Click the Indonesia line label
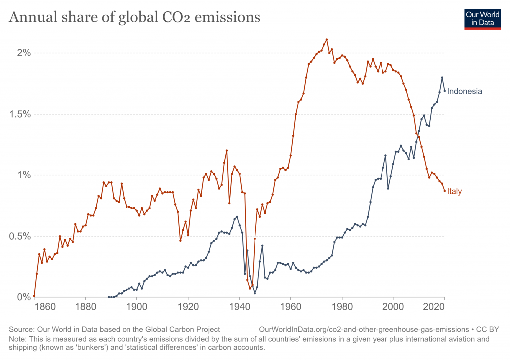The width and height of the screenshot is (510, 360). coord(464,91)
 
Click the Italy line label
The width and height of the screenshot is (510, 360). coord(454,191)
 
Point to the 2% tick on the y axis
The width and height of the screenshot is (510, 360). coord(21,53)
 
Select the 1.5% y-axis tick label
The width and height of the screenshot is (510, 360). coord(17,114)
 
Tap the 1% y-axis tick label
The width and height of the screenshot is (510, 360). coord(21,175)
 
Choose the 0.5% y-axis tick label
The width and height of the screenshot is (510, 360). coord(17,236)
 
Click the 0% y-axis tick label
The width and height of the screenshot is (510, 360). coord(21,297)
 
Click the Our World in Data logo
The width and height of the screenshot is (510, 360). coord(482,19)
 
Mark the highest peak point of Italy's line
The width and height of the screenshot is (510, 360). coord(326,39)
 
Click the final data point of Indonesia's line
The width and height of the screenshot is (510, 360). coord(444,91)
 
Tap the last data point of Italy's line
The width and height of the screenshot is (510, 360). coord(444,191)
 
